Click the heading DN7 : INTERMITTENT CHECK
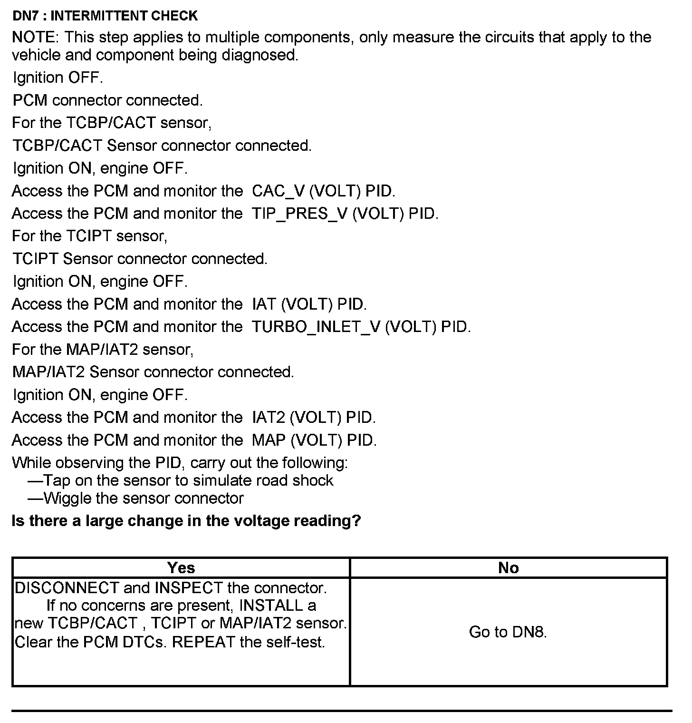(x=105, y=16)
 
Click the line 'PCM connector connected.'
(x=108, y=100)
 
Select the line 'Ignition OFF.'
(x=58, y=78)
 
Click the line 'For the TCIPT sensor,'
(x=90, y=236)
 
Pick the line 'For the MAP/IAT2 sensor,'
(x=103, y=350)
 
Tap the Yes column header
(x=181, y=567)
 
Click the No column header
(x=508, y=567)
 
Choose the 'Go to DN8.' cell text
(x=508, y=632)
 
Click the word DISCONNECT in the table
(x=67, y=588)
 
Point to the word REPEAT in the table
(x=203, y=642)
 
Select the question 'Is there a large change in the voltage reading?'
(x=186, y=521)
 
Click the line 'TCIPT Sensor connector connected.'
(x=140, y=259)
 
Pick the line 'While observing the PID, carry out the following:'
(x=180, y=463)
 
